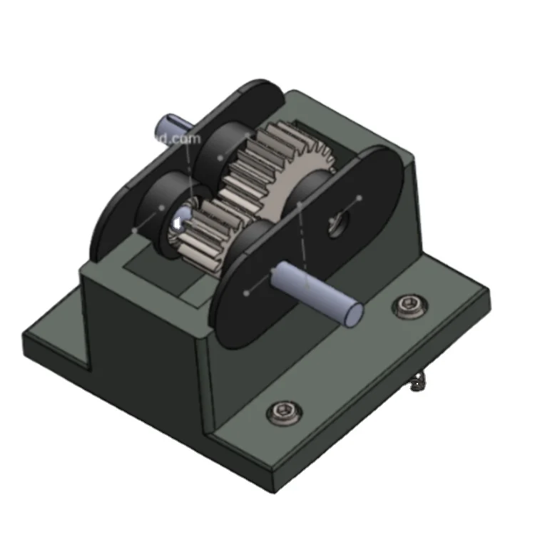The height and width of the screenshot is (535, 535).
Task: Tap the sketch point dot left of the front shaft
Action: pyautogui.click(x=247, y=292)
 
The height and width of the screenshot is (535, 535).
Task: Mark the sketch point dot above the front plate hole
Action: pyautogui.click(x=359, y=198)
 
